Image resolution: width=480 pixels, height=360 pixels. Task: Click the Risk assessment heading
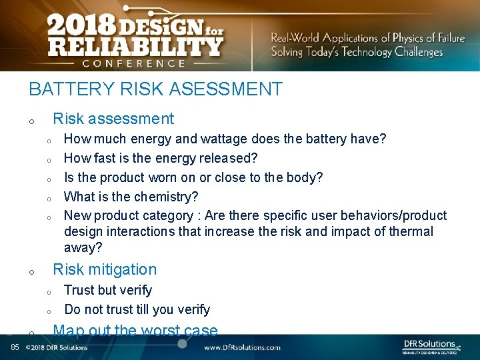point(113,119)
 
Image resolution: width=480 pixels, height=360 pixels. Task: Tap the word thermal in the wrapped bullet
point(409,231)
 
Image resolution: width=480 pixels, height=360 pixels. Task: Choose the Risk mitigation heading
point(105,269)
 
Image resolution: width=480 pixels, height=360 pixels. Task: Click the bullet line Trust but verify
point(108,290)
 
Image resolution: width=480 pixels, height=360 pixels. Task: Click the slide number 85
point(14,347)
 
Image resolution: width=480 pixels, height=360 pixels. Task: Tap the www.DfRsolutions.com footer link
point(242,347)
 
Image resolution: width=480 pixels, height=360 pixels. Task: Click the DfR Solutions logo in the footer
point(431,345)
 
